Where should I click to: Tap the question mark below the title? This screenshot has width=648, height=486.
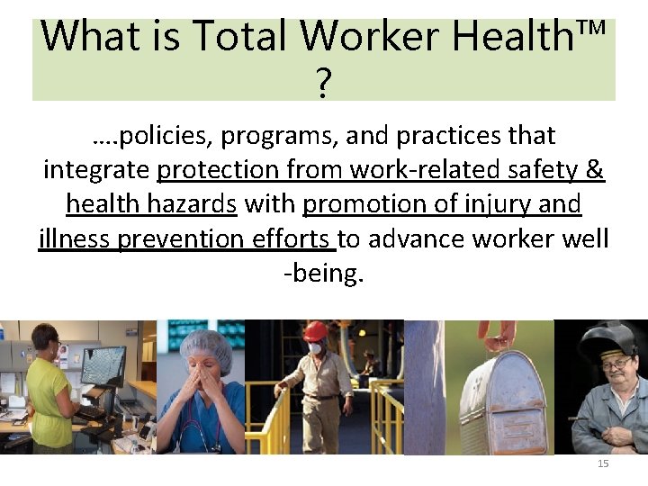point(324,85)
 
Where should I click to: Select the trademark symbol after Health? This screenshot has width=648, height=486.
point(589,30)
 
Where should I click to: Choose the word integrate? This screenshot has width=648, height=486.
point(97,170)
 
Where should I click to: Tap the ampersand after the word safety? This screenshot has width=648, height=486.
point(594,170)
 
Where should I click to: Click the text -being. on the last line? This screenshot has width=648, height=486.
point(324,273)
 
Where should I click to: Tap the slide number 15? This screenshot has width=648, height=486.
point(603,463)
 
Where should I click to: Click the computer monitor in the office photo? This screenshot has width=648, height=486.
point(103,364)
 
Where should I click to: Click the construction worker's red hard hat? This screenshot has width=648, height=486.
point(314,332)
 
